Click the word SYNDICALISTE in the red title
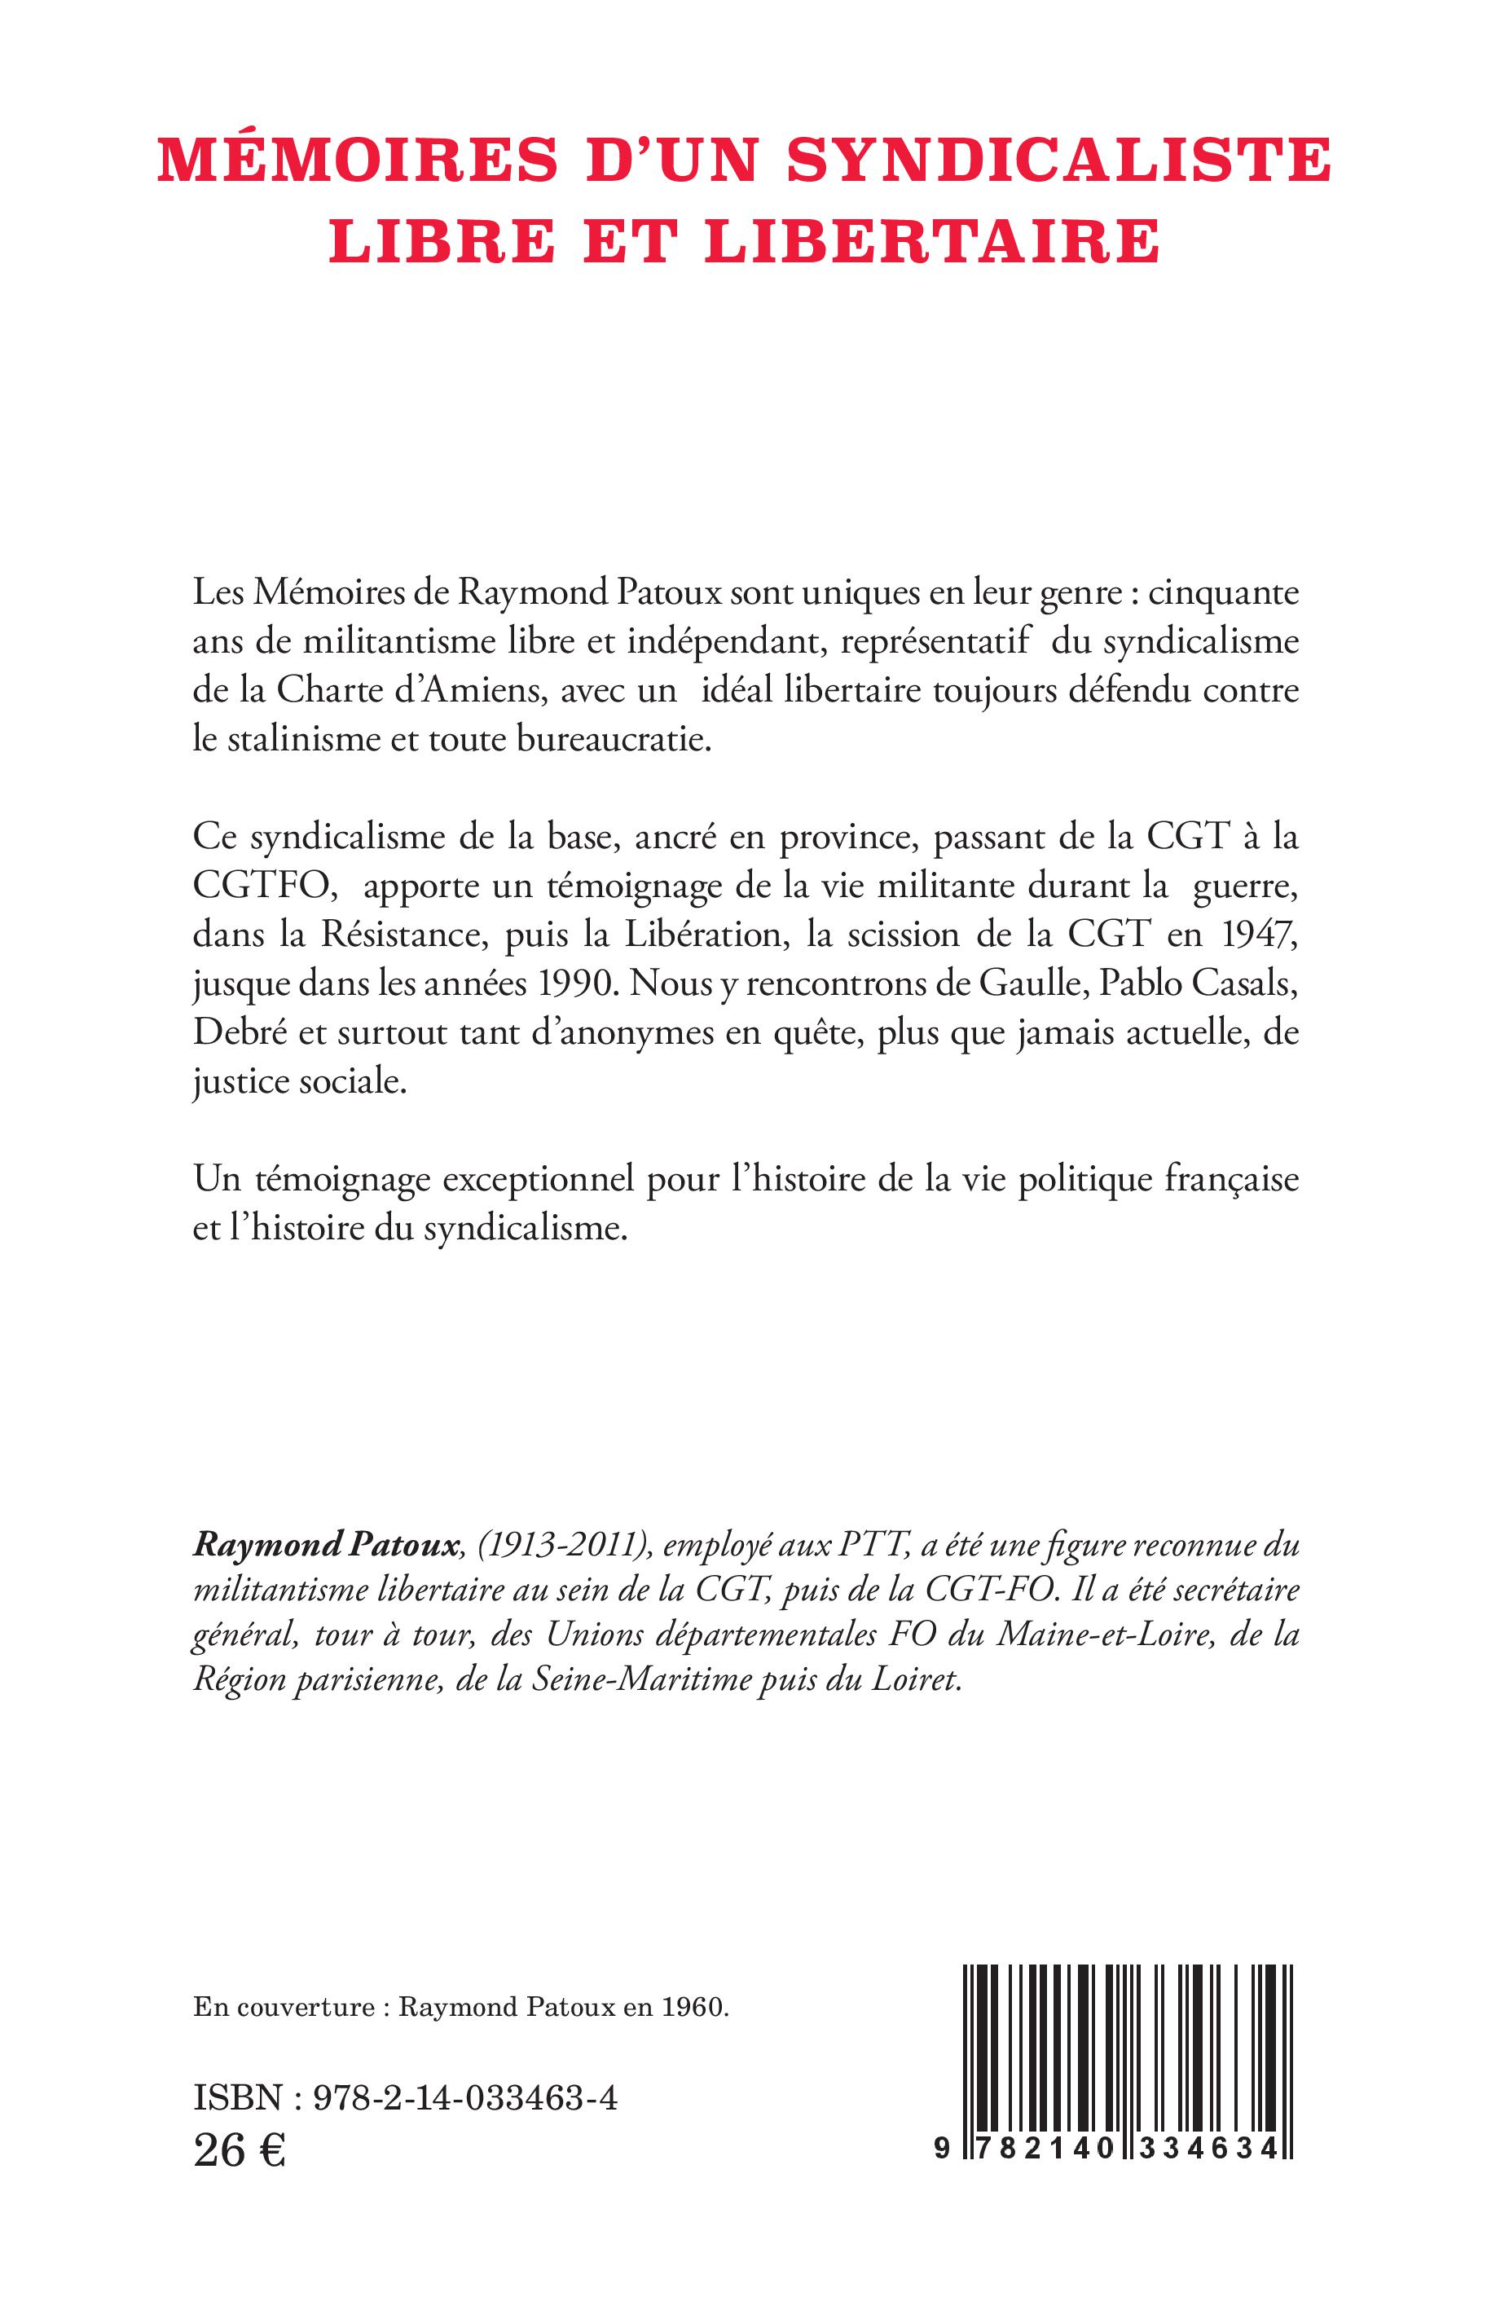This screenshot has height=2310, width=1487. click(x=1059, y=161)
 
